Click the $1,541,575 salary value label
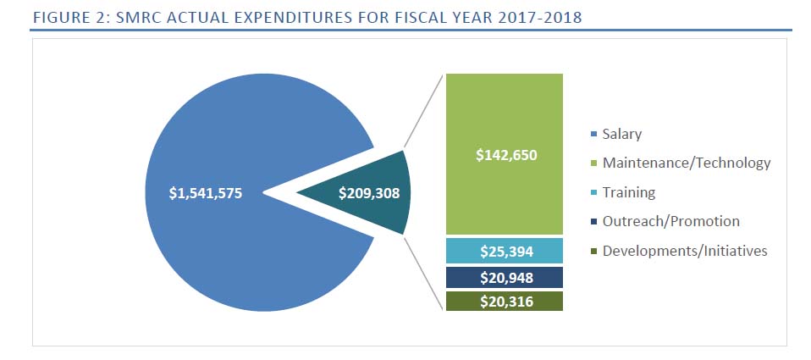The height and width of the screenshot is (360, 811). (x=206, y=193)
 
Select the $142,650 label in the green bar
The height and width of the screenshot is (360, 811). (x=506, y=155)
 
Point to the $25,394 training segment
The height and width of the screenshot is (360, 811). (x=506, y=251)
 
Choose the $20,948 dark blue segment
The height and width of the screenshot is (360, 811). (x=506, y=277)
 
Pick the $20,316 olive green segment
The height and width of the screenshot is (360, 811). (x=506, y=302)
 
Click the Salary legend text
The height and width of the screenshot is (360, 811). (x=621, y=134)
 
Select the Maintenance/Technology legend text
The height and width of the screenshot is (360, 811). (x=687, y=163)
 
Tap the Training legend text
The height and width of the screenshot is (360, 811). (x=628, y=192)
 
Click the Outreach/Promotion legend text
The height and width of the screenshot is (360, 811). (x=670, y=221)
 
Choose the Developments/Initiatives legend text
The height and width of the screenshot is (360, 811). (x=685, y=251)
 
